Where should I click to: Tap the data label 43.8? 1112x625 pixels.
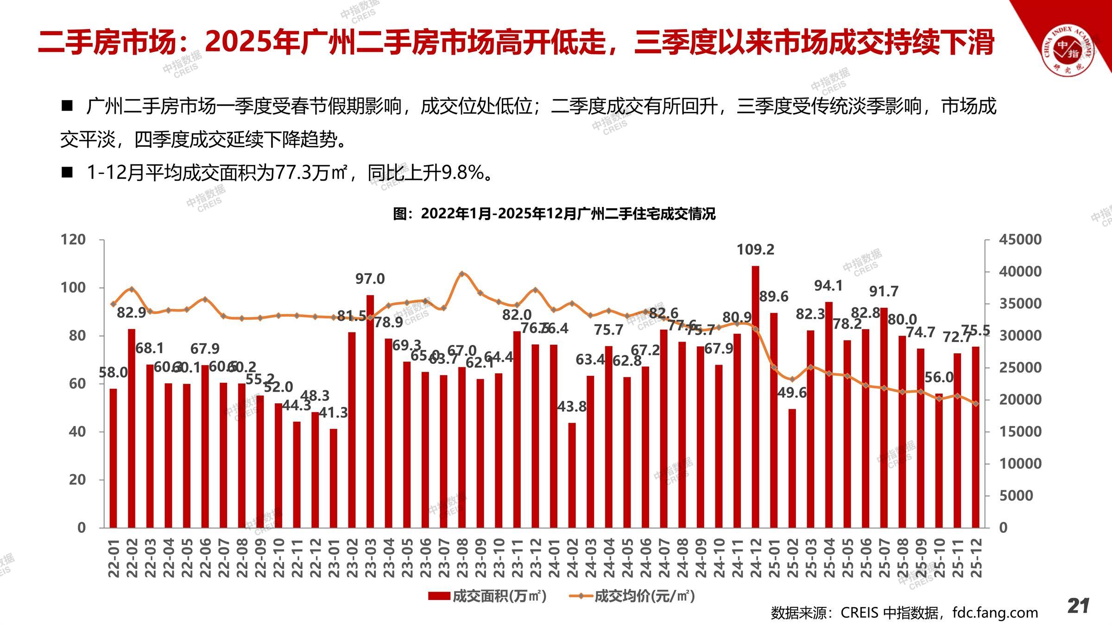(572, 406)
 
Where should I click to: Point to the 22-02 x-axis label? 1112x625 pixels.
(132, 558)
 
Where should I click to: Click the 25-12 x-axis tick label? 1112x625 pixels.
(975, 558)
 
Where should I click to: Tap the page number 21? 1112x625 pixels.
(1078, 606)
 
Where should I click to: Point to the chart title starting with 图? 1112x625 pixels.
(554, 214)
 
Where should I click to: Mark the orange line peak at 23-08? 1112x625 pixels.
(461, 274)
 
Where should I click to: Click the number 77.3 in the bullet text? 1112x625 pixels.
(293, 173)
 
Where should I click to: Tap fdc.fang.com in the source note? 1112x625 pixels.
(995, 612)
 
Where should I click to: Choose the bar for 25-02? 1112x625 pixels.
(792, 468)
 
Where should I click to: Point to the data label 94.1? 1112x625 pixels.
(828, 286)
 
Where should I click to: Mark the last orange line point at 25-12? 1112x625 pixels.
(976, 404)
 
